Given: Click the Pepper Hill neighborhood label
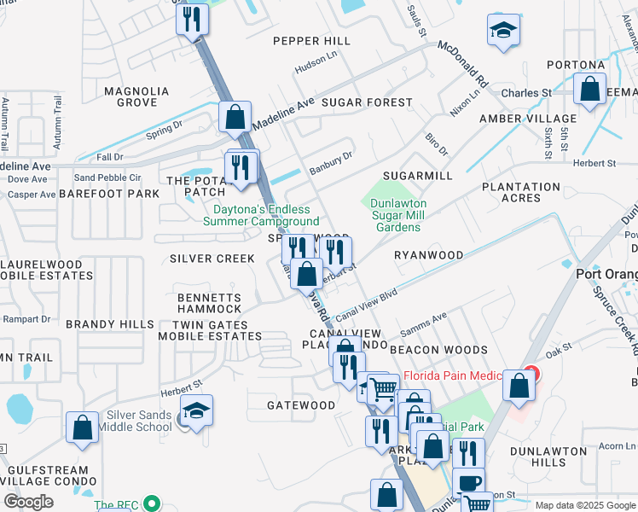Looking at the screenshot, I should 311,41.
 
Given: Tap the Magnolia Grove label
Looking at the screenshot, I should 130,96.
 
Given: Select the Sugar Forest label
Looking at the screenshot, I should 367,102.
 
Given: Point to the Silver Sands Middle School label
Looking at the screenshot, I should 134,420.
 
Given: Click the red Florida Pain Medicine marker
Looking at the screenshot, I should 532,373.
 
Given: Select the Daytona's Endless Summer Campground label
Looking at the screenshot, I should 261,215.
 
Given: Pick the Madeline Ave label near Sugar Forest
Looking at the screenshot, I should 284,113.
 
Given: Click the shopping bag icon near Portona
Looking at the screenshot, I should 589,89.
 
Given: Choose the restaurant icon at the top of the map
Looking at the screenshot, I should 193,18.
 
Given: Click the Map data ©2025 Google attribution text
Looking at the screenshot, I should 584,505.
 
